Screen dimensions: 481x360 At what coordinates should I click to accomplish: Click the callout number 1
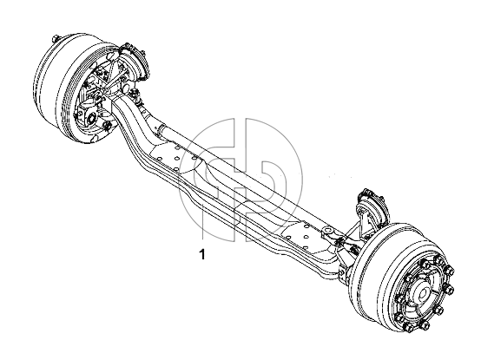pos(201,254)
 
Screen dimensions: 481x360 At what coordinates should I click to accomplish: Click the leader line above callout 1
pos(202,220)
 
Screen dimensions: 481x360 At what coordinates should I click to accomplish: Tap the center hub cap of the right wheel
pos(423,295)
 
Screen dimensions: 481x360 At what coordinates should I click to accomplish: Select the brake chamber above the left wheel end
pos(135,60)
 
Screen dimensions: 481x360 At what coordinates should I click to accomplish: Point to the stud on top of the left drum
pos(56,39)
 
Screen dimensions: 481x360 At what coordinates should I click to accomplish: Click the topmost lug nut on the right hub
pos(439,261)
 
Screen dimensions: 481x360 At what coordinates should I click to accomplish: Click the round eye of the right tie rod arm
pos(328,230)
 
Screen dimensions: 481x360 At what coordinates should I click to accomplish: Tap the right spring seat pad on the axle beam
pos(302,238)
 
